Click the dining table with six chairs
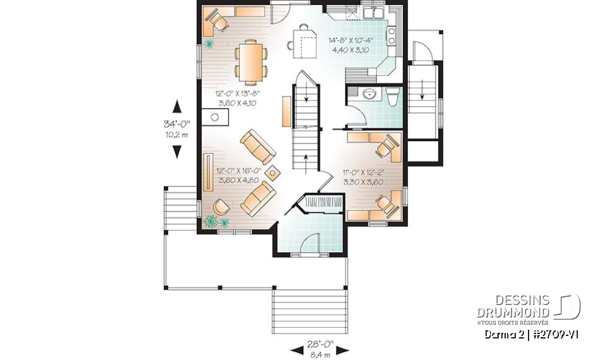(251, 61)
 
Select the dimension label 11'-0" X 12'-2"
(364, 171)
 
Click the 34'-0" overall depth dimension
(177, 124)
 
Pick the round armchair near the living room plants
(221, 206)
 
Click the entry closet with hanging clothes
(323, 204)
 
